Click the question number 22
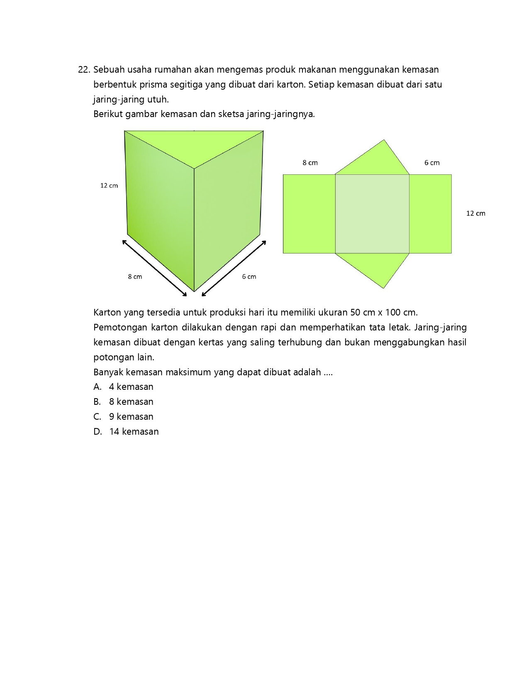click(84, 70)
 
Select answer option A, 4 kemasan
click(124, 387)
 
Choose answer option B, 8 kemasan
click(124, 402)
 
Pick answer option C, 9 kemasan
click(124, 417)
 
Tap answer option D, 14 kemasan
click(126, 432)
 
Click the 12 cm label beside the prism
click(109, 186)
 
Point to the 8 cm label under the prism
click(135, 276)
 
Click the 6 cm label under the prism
click(249, 276)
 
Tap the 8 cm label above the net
click(310, 163)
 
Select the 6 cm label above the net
click(432, 163)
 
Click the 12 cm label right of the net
click(475, 213)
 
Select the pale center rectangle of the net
click(372, 214)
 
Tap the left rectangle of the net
click(309, 214)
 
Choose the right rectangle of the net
click(430, 214)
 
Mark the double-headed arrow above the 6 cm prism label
click(234, 268)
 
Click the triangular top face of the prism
click(194, 145)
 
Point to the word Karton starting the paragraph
click(107, 313)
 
